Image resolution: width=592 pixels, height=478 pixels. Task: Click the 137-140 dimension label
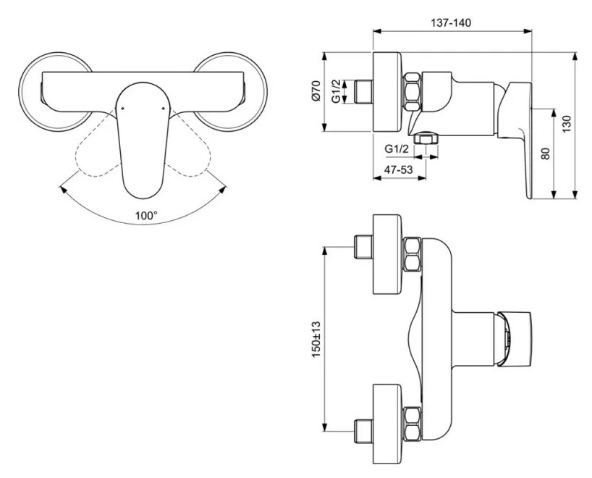tap(451, 22)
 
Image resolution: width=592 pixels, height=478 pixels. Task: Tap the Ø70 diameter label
tap(316, 91)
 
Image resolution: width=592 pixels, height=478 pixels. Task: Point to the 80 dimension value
tap(546, 153)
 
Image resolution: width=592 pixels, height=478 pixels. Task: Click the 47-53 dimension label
tap(399, 169)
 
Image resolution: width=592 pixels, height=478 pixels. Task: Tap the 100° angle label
tap(145, 215)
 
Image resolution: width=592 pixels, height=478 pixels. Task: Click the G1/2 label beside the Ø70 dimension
tap(337, 92)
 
